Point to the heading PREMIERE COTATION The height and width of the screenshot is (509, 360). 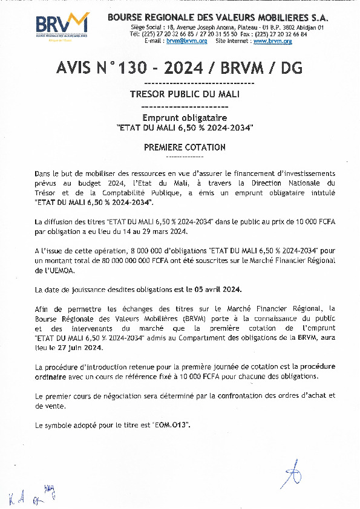[185, 147]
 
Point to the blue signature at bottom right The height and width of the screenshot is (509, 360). [293, 475]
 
